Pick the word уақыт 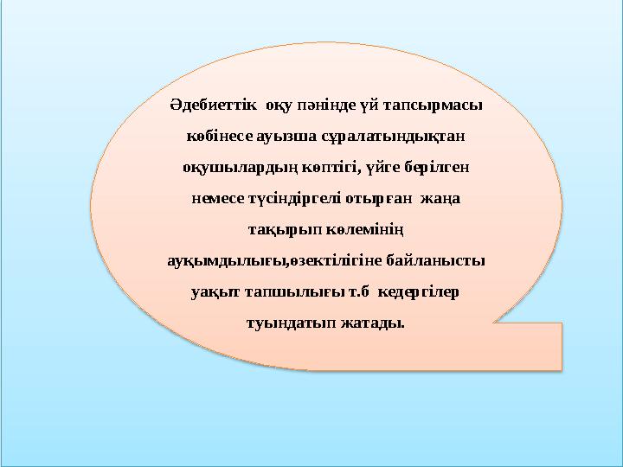(x=214, y=291)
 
